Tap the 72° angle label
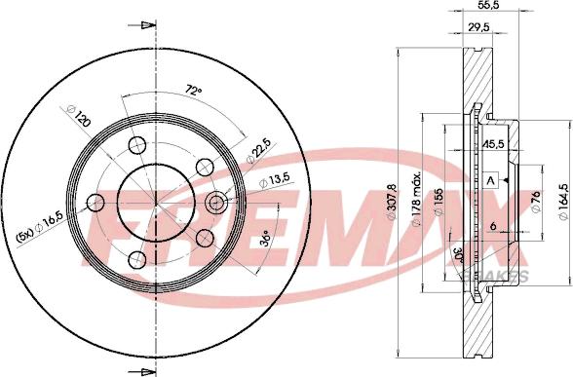194,91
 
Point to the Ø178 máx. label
415,199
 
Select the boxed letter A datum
491,181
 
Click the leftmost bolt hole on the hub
95,203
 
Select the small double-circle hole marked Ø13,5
216,203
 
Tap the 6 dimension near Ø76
494,227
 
